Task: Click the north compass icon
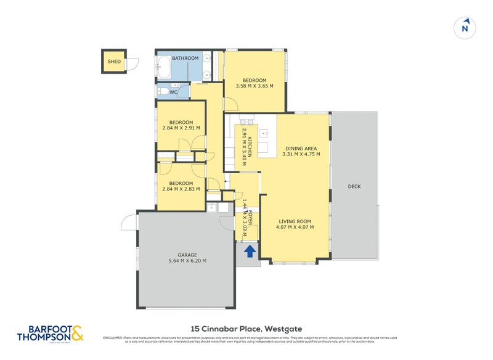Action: [x=466, y=28]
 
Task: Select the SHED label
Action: [x=114, y=62]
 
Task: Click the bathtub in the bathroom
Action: [x=164, y=69]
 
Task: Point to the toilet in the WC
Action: [x=163, y=92]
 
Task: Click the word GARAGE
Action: [x=187, y=255]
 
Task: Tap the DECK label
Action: [x=354, y=186]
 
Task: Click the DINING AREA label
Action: [x=301, y=148]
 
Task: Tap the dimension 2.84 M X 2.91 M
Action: [x=181, y=128]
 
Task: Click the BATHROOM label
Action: [x=185, y=58]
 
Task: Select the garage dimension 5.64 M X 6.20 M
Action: [x=187, y=261]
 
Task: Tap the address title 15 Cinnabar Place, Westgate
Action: [x=246, y=329]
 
